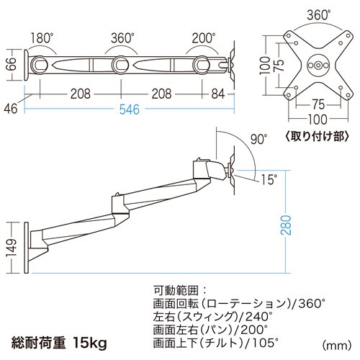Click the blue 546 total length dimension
click(130, 109)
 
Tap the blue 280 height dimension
click(286, 225)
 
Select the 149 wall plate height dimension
click(12, 248)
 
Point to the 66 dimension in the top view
click(12, 63)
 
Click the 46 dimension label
click(11, 109)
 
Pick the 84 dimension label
click(218, 94)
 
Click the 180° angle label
click(42, 38)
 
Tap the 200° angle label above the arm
click(204, 38)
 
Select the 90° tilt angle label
click(258, 139)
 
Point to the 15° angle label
click(269, 179)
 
